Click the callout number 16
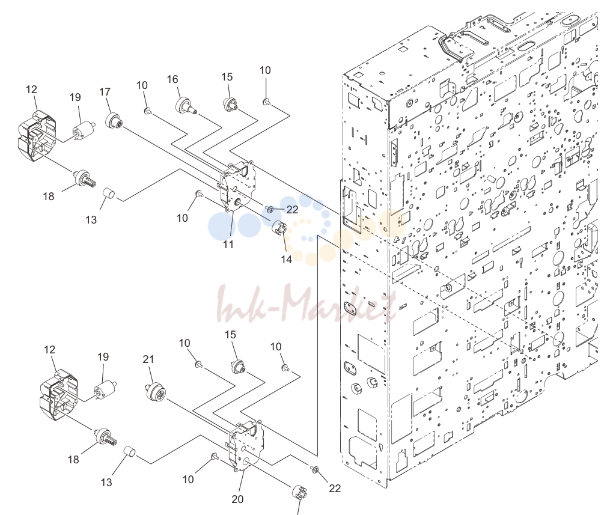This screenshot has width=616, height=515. click(172, 79)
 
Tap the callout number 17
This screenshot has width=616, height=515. click(105, 92)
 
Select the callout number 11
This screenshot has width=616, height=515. click(228, 245)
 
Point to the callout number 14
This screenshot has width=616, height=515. click(287, 259)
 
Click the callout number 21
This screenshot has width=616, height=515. click(148, 359)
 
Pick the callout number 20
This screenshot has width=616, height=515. click(237, 499)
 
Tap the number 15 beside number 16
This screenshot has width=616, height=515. click(227, 77)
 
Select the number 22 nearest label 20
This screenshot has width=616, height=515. click(335, 489)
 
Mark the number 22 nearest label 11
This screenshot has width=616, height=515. click(292, 210)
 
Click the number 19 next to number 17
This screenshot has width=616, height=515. click(75, 97)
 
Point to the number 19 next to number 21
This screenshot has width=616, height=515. click(103, 357)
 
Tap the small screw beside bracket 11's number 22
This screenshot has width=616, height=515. click(269, 209)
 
